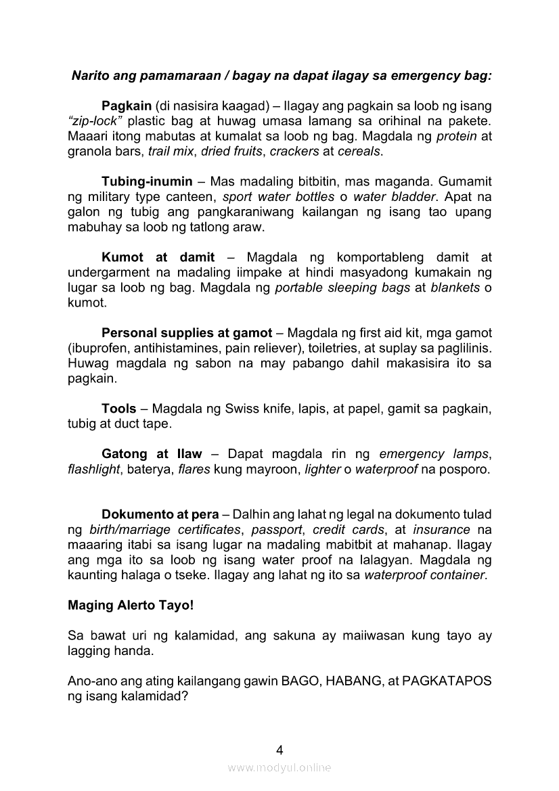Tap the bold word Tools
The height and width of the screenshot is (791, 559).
click(x=119, y=409)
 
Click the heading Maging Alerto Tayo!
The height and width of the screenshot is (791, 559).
click(x=131, y=606)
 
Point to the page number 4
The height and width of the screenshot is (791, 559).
click(x=279, y=750)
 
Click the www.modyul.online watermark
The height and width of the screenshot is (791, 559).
click(x=279, y=768)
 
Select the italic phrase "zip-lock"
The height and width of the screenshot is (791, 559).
click(x=95, y=122)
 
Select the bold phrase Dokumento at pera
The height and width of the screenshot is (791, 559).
click(x=160, y=515)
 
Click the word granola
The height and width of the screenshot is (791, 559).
click(x=92, y=152)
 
